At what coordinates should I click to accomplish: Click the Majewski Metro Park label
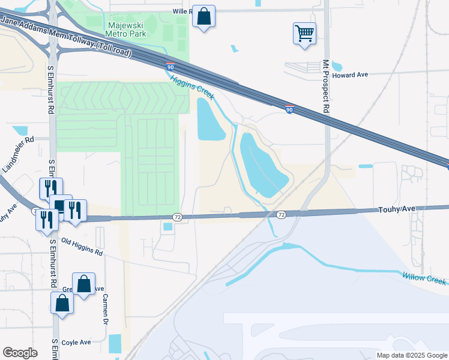pyautogui.click(x=125, y=29)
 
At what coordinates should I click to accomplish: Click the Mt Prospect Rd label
pyautogui.click(x=327, y=86)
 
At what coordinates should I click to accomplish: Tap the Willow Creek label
pyautogui.click(x=424, y=278)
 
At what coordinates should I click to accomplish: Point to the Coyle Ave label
pyautogui.click(x=76, y=342)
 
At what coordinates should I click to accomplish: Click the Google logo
pyautogui.click(x=20, y=353)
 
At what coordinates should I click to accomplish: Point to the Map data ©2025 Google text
pyautogui.click(x=411, y=355)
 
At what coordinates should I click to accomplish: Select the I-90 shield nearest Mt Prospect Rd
pyautogui.click(x=289, y=109)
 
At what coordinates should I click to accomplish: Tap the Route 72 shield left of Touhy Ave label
pyautogui.click(x=281, y=214)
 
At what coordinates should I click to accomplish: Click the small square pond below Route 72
pyautogui.click(x=167, y=226)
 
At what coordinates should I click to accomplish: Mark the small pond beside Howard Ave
pyautogui.click(x=337, y=65)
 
